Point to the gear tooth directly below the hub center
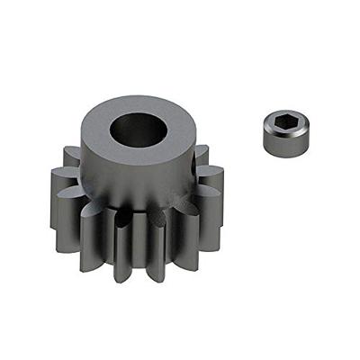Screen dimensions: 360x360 coord(144,243)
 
